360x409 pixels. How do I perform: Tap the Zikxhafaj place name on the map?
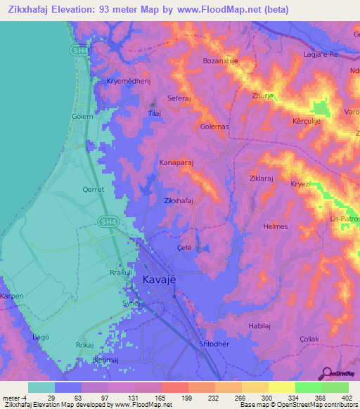tap(179, 201)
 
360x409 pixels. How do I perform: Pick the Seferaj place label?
tap(180, 98)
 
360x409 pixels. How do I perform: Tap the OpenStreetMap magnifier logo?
tap(328, 373)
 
